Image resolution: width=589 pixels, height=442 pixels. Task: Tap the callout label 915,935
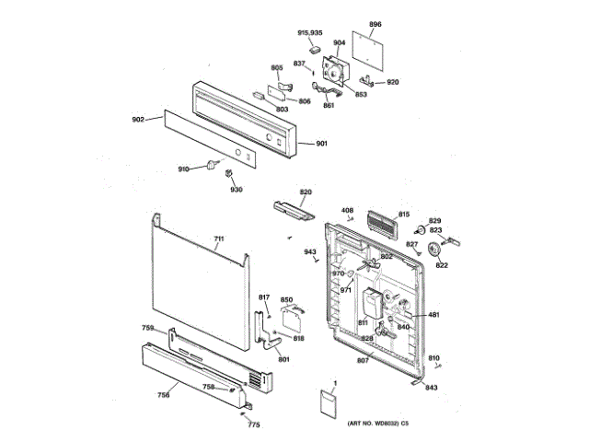pyautogui.click(x=310, y=33)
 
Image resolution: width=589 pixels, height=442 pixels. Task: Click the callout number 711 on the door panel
pyautogui.click(x=218, y=240)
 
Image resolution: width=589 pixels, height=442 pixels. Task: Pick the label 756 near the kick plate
pyautogui.click(x=163, y=396)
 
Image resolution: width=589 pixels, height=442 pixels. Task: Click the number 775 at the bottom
pyautogui.click(x=254, y=425)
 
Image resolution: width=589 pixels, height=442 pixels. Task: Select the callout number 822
pyautogui.click(x=442, y=265)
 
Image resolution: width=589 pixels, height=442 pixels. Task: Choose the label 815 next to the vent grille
pyautogui.click(x=403, y=215)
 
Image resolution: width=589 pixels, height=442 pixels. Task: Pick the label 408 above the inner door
pyautogui.click(x=347, y=211)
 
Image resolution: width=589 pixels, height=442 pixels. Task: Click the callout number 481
pyautogui.click(x=433, y=316)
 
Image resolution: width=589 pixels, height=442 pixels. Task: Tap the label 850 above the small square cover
pyautogui.click(x=286, y=300)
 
